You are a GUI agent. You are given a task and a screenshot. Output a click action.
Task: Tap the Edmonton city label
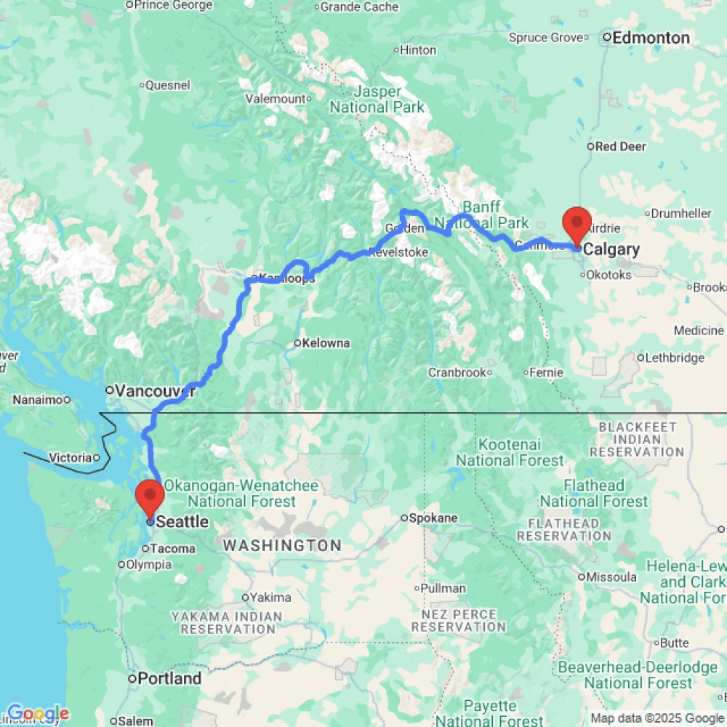pyautogui.click(x=651, y=38)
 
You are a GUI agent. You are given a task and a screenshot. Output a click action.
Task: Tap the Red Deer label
pyautogui.click(x=620, y=146)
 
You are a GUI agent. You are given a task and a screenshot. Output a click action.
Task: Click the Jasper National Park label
pyautogui.click(x=377, y=100)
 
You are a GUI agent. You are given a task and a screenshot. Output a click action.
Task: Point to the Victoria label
pyautogui.click(x=71, y=457)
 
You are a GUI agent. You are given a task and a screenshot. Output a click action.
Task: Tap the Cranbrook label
pyautogui.click(x=456, y=372)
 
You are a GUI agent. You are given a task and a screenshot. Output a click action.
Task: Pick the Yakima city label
pyautogui.click(x=270, y=598)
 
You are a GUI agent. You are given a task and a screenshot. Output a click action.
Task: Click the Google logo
pyautogui.click(x=37, y=714)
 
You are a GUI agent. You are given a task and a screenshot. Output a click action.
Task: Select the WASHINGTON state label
pyautogui.click(x=281, y=545)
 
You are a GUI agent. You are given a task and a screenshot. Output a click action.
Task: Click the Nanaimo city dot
pyautogui.click(x=66, y=399)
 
